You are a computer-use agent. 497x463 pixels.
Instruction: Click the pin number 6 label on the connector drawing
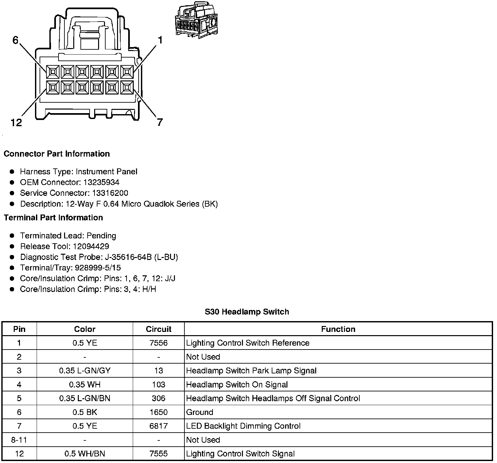(15, 40)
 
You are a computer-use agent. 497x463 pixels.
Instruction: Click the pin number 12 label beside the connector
(16, 123)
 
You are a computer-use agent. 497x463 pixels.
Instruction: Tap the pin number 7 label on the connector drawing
(160, 122)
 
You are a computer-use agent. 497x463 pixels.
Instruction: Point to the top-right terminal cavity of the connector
(127, 72)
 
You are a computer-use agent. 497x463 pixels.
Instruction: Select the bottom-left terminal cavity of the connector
(53, 87)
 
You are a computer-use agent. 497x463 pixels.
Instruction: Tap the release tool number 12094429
(91, 246)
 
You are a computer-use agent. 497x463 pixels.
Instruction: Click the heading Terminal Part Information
(53, 218)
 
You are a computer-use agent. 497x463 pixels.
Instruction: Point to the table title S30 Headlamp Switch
(247, 312)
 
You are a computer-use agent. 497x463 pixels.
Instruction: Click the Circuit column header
(159, 329)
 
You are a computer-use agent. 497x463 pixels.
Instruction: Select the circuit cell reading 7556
(159, 343)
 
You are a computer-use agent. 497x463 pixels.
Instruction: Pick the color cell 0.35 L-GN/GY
(85, 370)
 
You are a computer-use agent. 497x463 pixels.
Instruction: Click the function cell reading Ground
(199, 412)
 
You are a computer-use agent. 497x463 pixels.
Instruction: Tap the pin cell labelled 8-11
(19, 440)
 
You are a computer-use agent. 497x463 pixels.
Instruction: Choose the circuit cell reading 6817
(159, 426)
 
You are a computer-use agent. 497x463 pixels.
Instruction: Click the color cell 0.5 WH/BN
(85, 454)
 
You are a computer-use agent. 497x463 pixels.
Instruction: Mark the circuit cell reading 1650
(159, 412)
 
